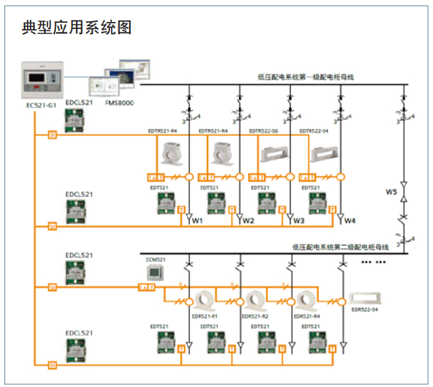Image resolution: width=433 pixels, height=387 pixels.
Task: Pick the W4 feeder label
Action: [349, 220]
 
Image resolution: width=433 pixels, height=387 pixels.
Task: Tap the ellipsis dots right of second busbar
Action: [374, 262]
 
